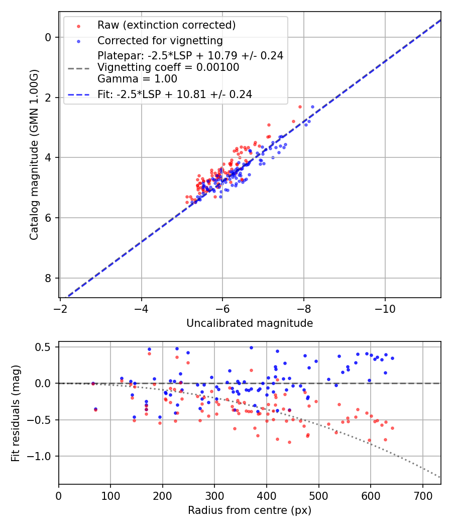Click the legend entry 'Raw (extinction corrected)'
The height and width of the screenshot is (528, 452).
click(x=166, y=25)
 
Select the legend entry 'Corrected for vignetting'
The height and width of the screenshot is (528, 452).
click(x=160, y=40)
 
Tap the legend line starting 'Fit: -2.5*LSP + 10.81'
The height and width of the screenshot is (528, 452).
click(x=175, y=94)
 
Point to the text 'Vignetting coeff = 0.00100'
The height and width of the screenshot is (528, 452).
click(x=168, y=67)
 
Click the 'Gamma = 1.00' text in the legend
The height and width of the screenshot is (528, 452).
click(x=137, y=78)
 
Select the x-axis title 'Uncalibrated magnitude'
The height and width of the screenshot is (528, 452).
click(x=250, y=323)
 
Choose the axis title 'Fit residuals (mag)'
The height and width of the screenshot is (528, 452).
click(x=16, y=413)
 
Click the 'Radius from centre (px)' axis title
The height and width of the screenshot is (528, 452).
click(x=250, y=510)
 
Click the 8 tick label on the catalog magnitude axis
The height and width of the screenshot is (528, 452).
click(x=48, y=278)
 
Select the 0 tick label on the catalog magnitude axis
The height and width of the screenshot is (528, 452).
click(x=48, y=37)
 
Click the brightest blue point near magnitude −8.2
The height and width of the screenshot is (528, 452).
click(x=312, y=107)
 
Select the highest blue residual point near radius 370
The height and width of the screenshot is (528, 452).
click(x=251, y=347)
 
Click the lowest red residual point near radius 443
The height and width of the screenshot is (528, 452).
click(x=289, y=442)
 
